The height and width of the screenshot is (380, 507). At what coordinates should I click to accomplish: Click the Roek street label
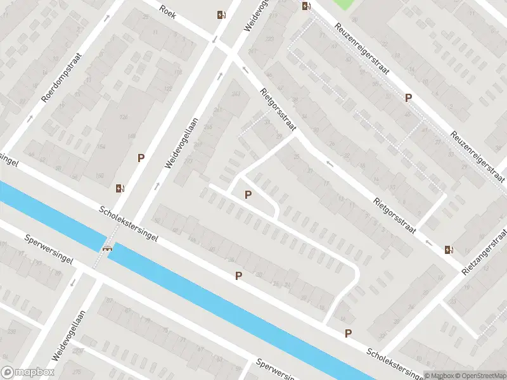[x=167, y=11]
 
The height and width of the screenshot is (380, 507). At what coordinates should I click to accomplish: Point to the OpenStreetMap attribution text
[x=480, y=375]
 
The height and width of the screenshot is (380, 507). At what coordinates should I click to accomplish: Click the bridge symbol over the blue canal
[x=108, y=248]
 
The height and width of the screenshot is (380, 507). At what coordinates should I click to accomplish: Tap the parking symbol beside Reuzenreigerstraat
[x=409, y=98]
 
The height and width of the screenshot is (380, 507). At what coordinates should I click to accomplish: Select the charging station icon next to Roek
[x=221, y=15]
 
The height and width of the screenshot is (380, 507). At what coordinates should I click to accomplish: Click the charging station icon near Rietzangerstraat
[x=449, y=249]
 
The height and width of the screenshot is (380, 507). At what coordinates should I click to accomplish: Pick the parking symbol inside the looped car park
[x=248, y=194]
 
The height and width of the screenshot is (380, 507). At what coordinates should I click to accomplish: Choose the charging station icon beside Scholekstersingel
[x=119, y=187]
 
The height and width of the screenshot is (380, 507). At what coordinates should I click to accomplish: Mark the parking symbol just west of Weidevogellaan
[x=141, y=158]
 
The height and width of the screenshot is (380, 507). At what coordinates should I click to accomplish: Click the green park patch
[x=342, y=4]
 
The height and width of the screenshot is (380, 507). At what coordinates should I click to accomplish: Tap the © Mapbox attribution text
[x=437, y=375]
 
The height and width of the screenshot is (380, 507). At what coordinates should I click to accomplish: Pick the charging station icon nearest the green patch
[x=306, y=6]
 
